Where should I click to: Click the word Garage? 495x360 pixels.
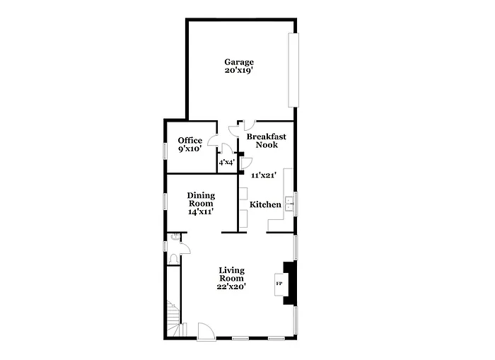click(x=239, y=62)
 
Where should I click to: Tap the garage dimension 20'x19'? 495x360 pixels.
click(x=239, y=71)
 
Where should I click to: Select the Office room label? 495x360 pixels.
click(x=190, y=140)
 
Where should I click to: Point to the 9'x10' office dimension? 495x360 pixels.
click(x=190, y=149)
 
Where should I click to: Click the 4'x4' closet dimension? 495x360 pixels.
click(x=226, y=163)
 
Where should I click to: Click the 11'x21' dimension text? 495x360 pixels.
click(x=263, y=175)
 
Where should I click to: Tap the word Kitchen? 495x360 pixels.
click(x=265, y=205)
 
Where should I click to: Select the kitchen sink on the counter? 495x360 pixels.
click(x=289, y=204)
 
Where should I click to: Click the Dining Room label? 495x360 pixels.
click(x=201, y=199)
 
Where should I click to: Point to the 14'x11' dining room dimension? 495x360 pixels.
click(x=201, y=211)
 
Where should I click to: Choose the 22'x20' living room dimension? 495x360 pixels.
click(x=232, y=286)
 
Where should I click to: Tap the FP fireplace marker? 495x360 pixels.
click(x=279, y=284)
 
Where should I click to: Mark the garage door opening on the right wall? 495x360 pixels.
click(x=293, y=69)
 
